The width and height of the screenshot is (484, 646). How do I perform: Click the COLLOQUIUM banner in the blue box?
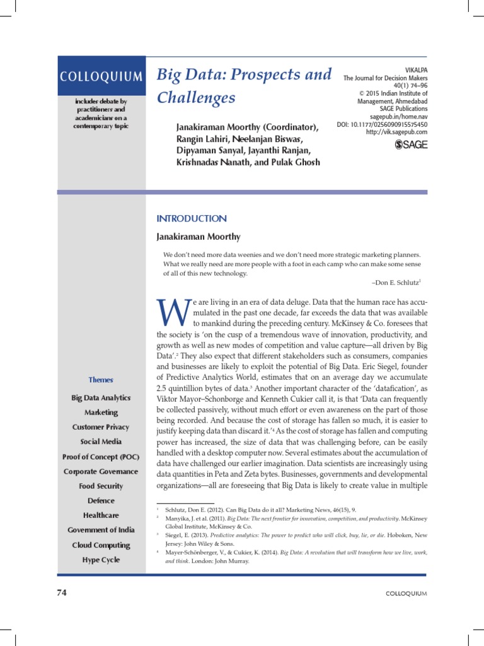(101, 76)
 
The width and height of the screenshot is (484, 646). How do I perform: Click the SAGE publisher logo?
(411, 145)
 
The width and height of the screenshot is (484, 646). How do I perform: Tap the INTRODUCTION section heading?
(191, 218)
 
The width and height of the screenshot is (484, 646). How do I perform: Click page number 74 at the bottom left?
(62, 593)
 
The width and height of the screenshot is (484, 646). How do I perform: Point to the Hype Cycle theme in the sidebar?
(101, 560)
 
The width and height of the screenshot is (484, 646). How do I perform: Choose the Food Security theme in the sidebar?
(101, 486)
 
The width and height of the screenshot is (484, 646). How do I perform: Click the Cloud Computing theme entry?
(101, 545)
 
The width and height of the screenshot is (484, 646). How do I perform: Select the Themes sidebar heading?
(101, 380)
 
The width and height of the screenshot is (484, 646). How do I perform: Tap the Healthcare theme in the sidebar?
(101, 515)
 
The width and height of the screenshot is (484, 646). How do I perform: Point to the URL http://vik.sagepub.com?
(396, 132)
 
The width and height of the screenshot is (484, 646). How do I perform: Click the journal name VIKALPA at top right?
(415, 69)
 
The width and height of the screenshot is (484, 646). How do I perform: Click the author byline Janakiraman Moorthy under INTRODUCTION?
(198, 237)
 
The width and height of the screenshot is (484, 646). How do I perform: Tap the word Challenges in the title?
(196, 98)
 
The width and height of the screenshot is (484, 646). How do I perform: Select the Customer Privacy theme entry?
(101, 427)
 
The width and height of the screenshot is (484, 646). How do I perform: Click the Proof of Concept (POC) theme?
(101, 456)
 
